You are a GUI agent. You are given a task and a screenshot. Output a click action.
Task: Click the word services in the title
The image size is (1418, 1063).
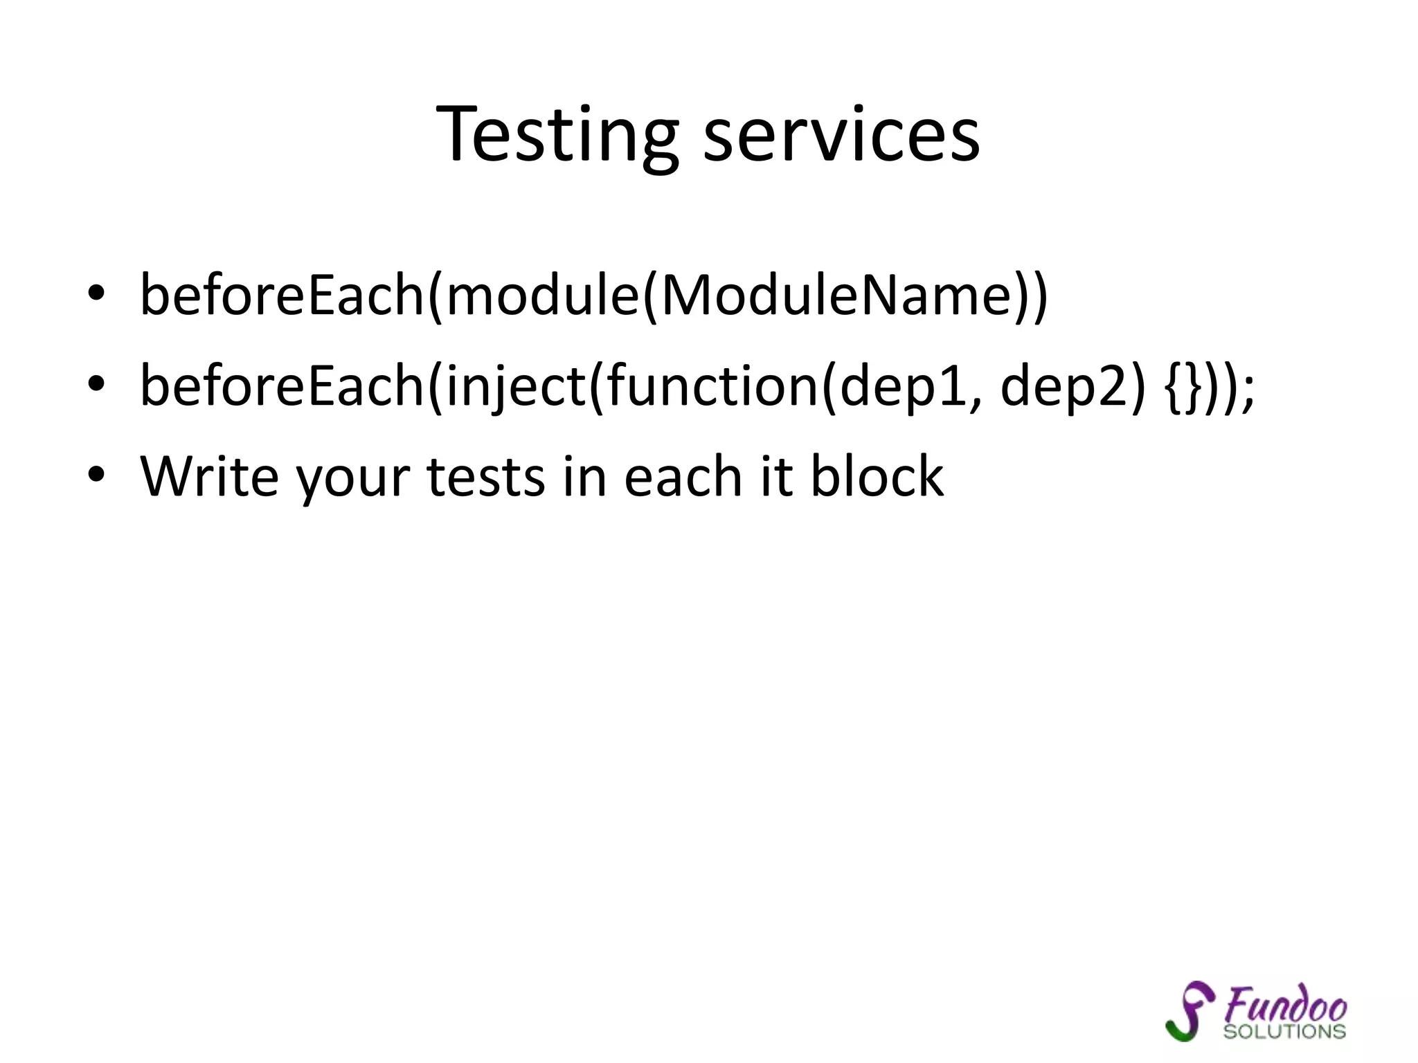pyautogui.click(x=841, y=135)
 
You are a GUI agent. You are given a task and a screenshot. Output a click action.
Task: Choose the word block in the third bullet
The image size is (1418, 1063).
pyautogui.click(x=877, y=476)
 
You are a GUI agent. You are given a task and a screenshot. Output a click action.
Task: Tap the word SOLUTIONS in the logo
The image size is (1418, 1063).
pyautogui.click(x=1284, y=1032)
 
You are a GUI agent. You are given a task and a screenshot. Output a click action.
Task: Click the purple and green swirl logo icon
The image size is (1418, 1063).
pyautogui.click(x=1189, y=1010)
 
